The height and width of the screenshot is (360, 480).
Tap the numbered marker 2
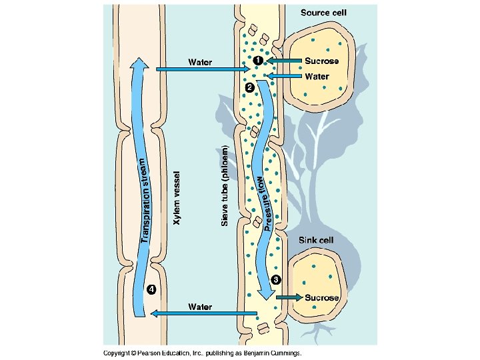[249, 87]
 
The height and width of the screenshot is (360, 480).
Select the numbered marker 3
[276, 280]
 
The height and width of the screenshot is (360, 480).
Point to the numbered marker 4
[151, 289]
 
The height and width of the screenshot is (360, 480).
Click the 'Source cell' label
[323, 13]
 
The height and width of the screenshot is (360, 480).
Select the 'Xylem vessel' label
[177, 198]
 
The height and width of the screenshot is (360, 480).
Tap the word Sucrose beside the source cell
[321, 61]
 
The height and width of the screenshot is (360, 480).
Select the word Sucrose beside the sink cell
[323, 297]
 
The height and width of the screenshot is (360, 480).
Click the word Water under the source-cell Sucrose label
[317, 77]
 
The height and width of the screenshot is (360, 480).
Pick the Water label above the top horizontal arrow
[200, 63]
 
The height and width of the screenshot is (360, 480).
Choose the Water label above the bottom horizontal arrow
[200, 307]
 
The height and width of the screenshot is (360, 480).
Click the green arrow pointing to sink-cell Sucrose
[288, 297]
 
